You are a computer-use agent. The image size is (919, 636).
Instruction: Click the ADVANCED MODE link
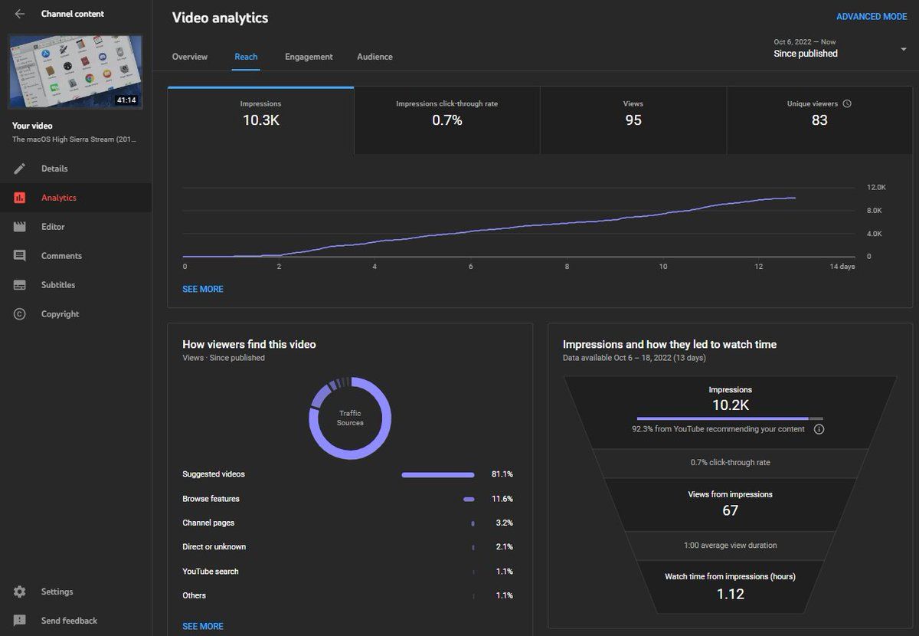[x=871, y=17]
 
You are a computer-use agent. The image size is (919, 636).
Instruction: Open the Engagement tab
[x=309, y=57]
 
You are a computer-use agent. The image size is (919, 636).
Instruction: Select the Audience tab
[x=374, y=57]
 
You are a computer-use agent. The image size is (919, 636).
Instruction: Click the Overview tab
[x=189, y=57]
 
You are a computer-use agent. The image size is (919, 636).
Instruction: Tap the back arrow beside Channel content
[x=20, y=14]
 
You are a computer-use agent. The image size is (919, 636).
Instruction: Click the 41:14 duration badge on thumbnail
[x=126, y=100]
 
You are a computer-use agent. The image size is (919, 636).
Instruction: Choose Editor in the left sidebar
[x=53, y=227]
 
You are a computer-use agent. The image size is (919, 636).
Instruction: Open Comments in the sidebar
[x=61, y=256]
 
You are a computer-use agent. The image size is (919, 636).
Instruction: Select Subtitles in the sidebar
[x=58, y=285]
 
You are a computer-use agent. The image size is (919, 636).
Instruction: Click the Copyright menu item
[x=60, y=314]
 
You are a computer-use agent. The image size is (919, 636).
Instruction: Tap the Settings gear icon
[x=20, y=592]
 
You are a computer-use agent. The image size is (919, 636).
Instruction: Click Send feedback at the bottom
[x=69, y=621]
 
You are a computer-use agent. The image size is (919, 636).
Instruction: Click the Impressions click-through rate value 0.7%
[x=446, y=120]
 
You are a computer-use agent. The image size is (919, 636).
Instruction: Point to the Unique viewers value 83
[x=819, y=120]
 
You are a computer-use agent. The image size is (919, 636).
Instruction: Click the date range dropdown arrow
[x=904, y=50]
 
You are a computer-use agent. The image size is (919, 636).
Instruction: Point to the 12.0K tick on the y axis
[x=876, y=188]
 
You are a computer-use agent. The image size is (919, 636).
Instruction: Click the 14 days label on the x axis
[x=842, y=267]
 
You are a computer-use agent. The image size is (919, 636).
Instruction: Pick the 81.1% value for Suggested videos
[x=502, y=474]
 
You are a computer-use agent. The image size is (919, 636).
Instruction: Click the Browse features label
[x=211, y=499]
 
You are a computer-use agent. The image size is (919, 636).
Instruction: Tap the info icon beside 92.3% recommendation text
[x=819, y=429]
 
